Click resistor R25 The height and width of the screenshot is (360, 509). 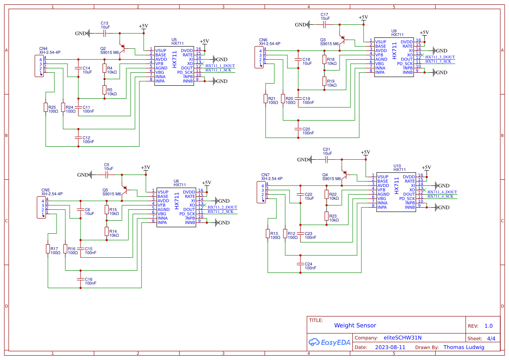(46, 107)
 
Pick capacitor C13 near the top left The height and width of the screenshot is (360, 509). (105, 33)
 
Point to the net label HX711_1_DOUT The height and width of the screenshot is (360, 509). (220, 66)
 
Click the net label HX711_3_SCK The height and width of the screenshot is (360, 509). (440, 61)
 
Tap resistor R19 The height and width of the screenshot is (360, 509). (324, 81)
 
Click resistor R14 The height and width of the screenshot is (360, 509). (107, 231)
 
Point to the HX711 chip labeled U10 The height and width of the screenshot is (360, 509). (396, 192)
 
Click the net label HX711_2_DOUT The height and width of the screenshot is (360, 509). (222, 207)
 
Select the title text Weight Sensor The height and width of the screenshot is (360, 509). (355, 325)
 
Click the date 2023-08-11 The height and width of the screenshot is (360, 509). (390, 347)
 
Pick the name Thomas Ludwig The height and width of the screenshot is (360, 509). (463, 347)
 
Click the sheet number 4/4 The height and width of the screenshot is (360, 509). (491, 338)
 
